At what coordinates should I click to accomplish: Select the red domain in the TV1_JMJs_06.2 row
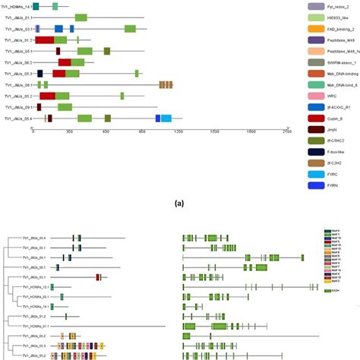(65, 62)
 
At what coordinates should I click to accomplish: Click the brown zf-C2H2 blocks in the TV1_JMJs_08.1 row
(166, 85)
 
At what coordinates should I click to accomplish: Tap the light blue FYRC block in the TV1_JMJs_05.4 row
(166, 118)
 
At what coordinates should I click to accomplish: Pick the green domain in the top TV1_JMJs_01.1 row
(81, 17)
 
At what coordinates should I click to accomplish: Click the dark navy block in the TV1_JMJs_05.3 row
(39, 74)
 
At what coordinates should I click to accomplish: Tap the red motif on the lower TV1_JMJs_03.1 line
(98, 277)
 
